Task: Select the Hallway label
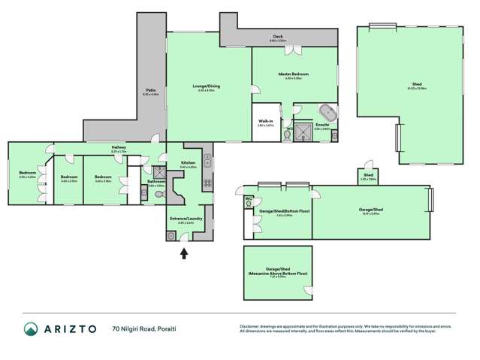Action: [x=119, y=147]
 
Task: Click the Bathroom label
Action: [x=156, y=181]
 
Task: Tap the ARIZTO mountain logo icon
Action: [x=32, y=328]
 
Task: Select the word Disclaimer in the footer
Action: [x=251, y=325]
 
